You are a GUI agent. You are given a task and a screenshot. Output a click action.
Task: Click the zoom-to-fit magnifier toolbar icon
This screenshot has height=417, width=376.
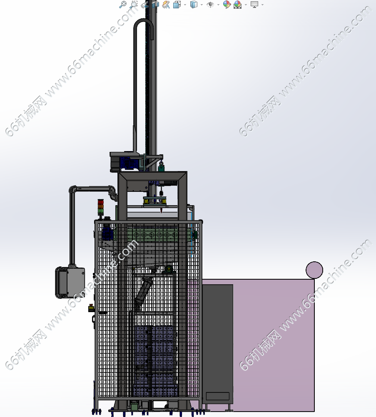tap(123, 5)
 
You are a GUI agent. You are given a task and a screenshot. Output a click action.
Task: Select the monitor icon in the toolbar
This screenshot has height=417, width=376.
tap(254, 4)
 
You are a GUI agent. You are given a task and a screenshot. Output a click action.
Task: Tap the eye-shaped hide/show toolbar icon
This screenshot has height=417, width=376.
tap(210, 5)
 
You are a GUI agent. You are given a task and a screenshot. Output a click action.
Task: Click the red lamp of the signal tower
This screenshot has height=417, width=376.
tap(101, 202)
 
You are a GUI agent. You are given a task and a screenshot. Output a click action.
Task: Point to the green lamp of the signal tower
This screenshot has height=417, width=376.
tap(101, 211)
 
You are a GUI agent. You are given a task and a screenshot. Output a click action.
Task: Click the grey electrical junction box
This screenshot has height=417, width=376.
tap(70, 282)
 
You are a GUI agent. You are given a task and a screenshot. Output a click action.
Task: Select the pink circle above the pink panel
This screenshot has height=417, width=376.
tap(314, 270)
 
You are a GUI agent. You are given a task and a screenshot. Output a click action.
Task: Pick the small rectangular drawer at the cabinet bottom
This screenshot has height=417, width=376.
tap(217, 396)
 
